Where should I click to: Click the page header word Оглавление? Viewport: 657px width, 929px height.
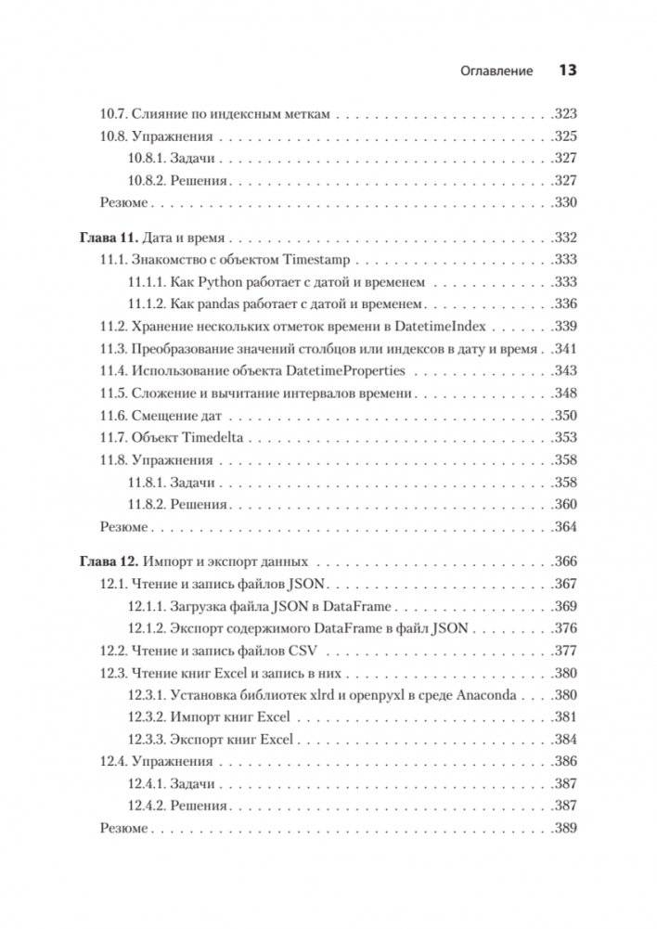tap(495, 71)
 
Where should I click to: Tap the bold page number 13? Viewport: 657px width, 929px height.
tap(567, 71)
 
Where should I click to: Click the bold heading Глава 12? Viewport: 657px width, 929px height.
tap(105, 561)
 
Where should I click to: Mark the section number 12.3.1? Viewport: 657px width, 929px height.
tap(147, 694)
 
